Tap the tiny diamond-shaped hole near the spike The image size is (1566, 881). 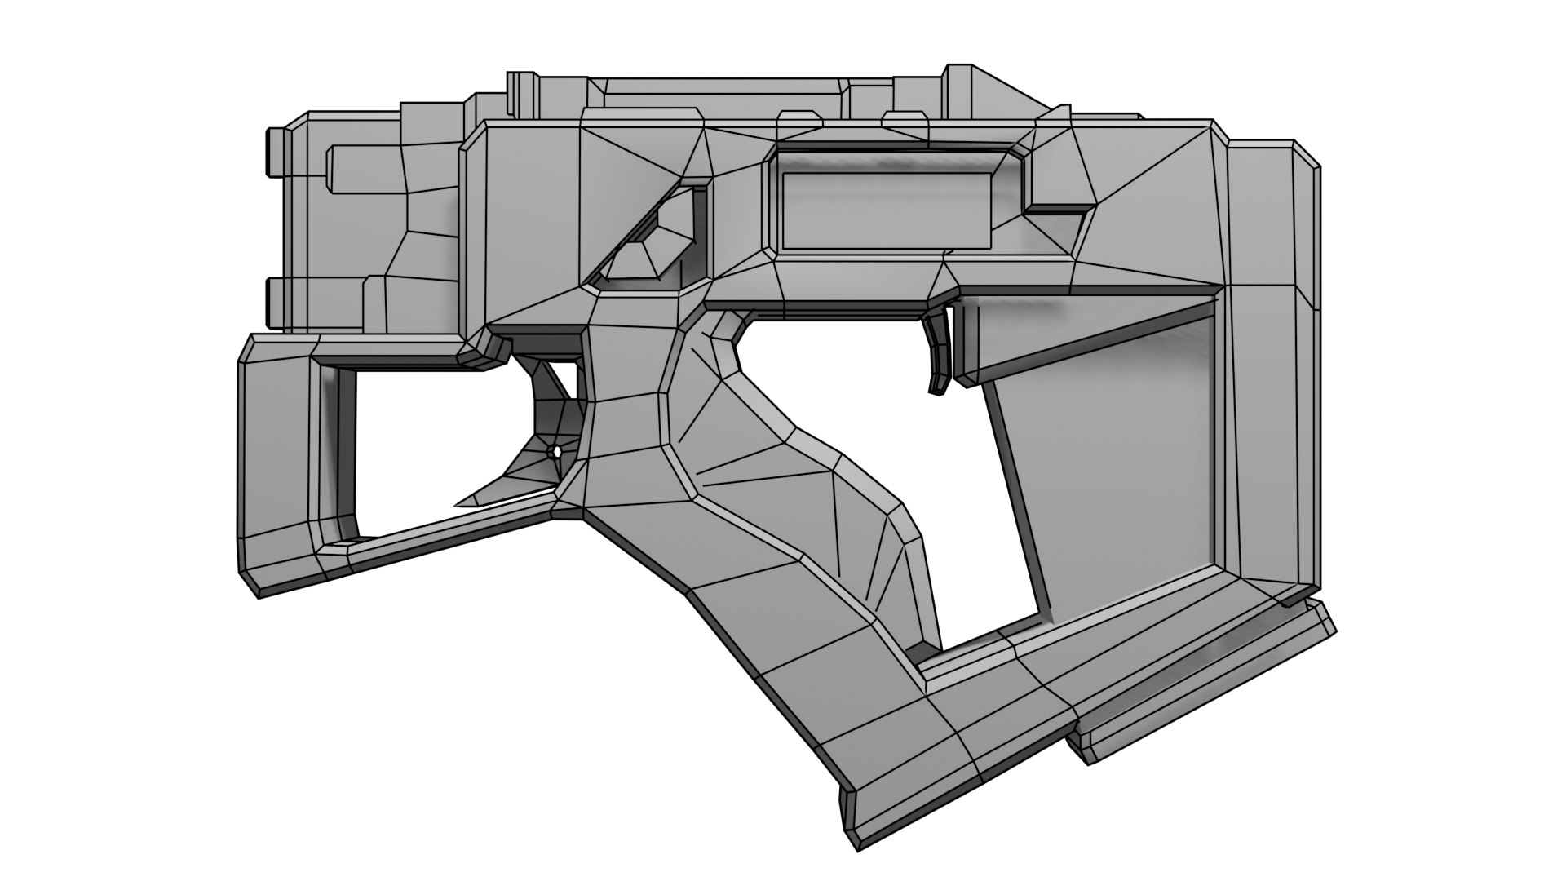pos(557,450)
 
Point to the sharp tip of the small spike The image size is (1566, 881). pos(457,505)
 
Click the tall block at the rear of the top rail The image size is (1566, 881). pos(971,90)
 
